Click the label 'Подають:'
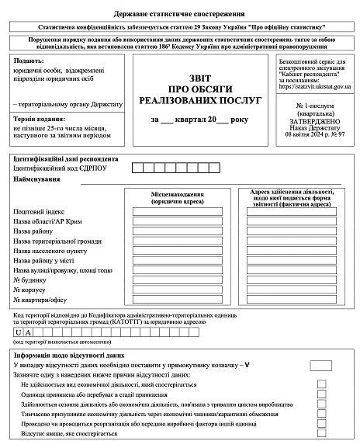point(29,61)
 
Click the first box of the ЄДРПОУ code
point(137,167)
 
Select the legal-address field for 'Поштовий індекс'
point(177,211)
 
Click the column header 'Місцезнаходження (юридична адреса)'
point(178,197)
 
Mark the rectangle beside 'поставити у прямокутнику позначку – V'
point(320,365)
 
